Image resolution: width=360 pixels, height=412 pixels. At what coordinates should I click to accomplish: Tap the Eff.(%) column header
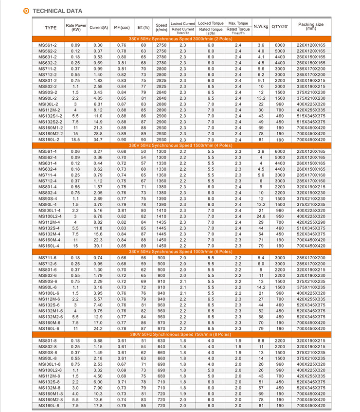(144, 27)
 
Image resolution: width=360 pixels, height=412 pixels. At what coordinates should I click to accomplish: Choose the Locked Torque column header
(211, 23)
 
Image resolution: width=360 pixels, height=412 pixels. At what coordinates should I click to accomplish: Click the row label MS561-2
(48, 45)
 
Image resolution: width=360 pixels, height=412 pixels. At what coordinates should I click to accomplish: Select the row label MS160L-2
(48, 140)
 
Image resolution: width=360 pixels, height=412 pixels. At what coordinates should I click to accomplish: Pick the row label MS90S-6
(48, 282)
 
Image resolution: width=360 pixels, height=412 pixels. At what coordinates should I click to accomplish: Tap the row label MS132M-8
(48, 388)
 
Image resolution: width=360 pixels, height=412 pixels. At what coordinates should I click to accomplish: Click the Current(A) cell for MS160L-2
(98, 140)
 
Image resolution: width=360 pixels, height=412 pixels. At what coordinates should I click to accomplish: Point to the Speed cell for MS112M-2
(162, 110)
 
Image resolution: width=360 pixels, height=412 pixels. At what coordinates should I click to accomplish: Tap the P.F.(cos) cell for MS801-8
(122, 341)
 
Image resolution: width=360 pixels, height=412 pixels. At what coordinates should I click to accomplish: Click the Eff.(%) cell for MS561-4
(144, 151)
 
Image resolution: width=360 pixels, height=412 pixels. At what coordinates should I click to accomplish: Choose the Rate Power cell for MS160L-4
(75, 246)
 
